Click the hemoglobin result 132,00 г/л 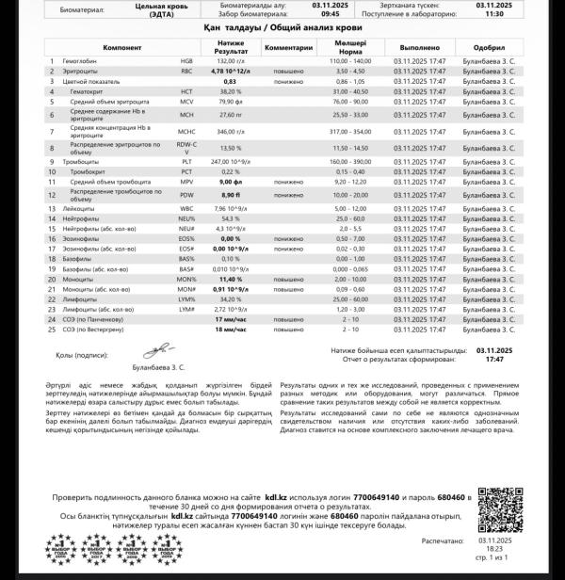(x=231, y=61)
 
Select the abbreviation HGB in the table (x=186, y=61)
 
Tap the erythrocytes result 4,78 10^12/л (x=231, y=71)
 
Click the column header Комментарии (x=289, y=45)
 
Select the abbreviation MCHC (x=186, y=131)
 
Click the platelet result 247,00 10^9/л (x=231, y=162)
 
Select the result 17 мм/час (x=231, y=320)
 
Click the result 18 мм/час (x=231, y=330)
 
